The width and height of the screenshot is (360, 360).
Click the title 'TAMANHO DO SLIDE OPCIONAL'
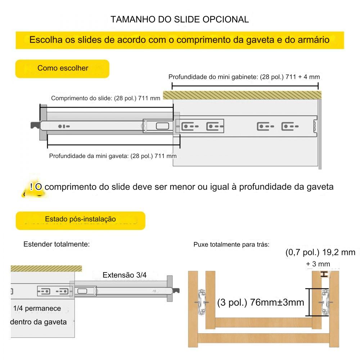(x=180, y=19)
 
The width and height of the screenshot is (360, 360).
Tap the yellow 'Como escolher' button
(x=63, y=68)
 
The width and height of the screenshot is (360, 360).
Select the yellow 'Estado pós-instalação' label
(x=80, y=219)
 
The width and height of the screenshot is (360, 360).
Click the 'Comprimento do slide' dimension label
(x=105, y=98)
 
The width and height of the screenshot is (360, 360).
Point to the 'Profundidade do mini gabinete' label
(x=244, y=77)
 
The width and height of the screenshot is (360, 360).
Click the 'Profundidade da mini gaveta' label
(x=113, y=156)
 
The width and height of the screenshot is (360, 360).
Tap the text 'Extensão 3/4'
(x=125, y=275)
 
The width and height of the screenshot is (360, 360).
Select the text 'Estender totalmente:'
(x=57, y=244)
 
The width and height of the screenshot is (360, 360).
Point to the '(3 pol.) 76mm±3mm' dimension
(x=261, y=302)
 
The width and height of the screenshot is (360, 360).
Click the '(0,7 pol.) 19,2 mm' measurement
(x=320, y=252)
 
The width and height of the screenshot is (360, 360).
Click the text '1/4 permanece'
(x=37, y=309)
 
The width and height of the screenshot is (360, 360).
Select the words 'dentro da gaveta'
(x=39, y=322)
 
